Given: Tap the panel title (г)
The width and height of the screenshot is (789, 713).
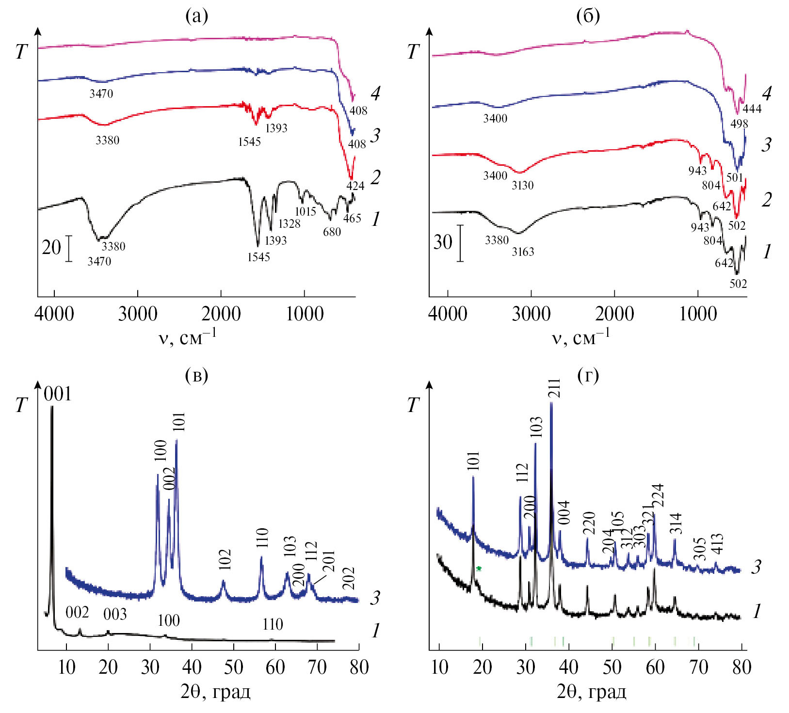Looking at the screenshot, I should click(588, 375).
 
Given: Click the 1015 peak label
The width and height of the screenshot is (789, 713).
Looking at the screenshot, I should click(306, 211).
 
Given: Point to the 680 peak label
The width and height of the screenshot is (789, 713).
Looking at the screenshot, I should click(332, 232).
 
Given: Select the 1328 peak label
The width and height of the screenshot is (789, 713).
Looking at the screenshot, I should click(289, 223).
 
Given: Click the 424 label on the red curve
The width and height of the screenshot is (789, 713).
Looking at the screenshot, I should click(355, 185).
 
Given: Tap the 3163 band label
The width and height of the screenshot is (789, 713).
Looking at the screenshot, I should click(523, 252).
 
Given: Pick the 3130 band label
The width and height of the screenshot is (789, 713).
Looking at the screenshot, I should click(522, 185).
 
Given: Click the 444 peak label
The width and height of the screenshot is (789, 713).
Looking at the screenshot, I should click(752, 109).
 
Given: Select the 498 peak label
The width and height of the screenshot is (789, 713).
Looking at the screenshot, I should click(739, 124).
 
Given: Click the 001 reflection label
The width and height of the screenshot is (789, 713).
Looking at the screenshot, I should click(58, 394).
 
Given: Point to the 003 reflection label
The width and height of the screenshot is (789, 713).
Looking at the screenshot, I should click(115, 615).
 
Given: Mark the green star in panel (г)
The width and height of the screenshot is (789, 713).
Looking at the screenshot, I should click(479, 568).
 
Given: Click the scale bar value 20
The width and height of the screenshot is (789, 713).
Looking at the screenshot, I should click(51, 248).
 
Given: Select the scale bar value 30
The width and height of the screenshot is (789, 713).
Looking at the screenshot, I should click(442, 242).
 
